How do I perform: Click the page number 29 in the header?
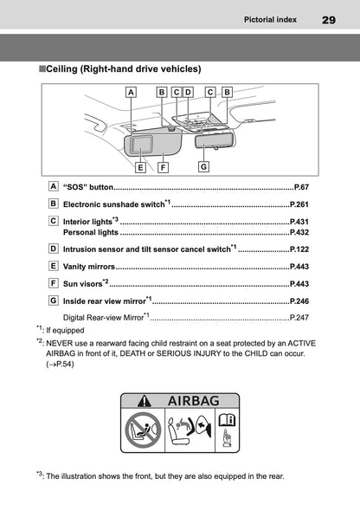329,18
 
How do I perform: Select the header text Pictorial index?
272,18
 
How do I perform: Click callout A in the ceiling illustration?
131,91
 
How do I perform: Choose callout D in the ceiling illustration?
188,91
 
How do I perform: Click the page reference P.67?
301,187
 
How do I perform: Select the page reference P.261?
299,206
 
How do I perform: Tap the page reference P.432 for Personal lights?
299,233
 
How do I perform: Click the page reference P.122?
299,249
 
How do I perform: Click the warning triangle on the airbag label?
145,401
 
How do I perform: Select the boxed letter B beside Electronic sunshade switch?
54,204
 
